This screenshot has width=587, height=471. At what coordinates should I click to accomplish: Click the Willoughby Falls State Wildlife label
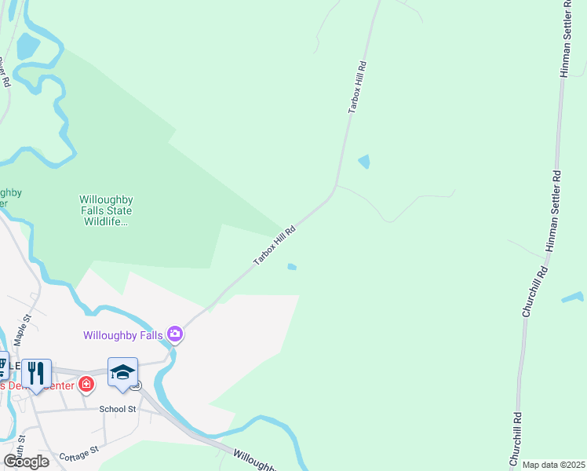point(105,210)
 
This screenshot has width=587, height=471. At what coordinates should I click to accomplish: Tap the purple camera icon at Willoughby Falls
point(175,335)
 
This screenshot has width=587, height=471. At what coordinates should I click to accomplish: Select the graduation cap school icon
point(122,372)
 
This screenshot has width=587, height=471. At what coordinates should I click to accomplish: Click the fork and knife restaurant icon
point(36,372)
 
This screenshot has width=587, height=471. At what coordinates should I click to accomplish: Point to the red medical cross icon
point(86,385)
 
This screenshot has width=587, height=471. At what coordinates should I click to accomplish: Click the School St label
point(118,409)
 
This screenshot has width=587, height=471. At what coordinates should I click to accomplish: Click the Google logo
point(26,462)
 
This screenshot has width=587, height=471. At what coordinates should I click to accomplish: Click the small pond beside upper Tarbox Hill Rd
point(364,162)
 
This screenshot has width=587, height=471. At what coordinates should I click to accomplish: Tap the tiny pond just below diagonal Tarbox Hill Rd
point(292,267)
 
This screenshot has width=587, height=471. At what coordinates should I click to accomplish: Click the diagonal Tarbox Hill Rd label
point(275,246)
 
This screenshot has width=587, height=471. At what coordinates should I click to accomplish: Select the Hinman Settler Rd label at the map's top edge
point(566,39)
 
